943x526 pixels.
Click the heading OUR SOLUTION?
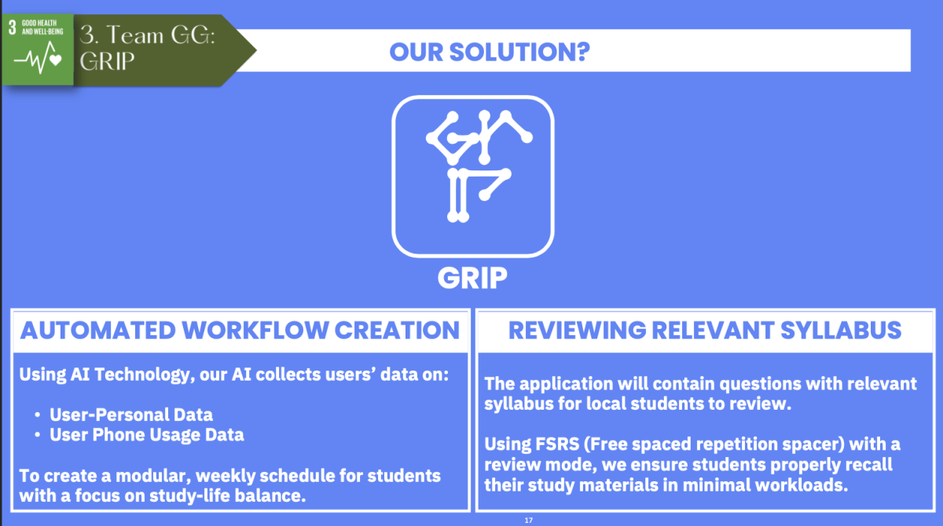click(490, 52)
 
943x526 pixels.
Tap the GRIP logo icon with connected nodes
click(473, 176)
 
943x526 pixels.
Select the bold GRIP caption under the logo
click(472, 277)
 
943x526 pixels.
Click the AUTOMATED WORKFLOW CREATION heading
click(240, 330)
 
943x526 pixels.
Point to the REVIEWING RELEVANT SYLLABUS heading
click(705, 330)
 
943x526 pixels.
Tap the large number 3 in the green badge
click(13, 28)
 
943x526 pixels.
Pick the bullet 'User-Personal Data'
click(131, 414)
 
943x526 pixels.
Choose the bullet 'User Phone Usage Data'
click(146, 434)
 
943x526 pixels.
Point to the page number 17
click(528, 520)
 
